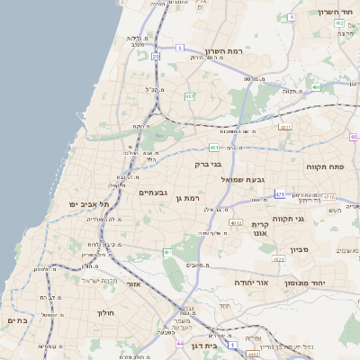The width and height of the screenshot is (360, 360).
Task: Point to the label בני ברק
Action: click(209, 165)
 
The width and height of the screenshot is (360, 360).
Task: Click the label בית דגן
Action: click(207, 345)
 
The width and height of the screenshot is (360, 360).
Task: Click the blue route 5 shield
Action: click(179, 48)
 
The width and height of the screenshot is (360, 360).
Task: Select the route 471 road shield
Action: click(280, 193)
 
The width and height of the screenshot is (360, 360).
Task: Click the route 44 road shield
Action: click(180, 343)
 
